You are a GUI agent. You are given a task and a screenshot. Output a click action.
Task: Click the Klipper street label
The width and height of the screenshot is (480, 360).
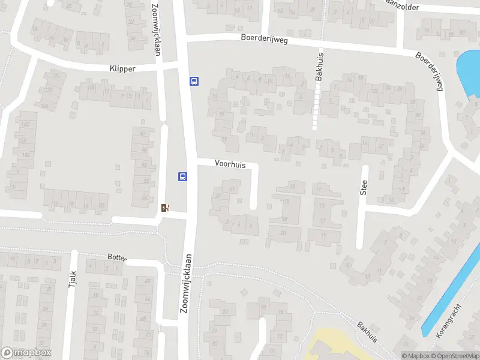point(122,68)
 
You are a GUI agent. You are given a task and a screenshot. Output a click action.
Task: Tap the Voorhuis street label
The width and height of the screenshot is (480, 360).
point(230,163)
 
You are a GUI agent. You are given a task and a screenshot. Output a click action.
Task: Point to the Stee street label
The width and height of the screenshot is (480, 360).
point(364,188)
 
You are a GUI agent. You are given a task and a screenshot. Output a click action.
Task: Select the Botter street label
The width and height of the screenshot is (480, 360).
point(117,257)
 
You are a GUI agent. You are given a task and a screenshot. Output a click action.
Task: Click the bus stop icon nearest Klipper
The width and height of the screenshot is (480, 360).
point(194,81)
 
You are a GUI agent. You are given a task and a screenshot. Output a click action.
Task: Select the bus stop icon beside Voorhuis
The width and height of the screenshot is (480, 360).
point(182,176)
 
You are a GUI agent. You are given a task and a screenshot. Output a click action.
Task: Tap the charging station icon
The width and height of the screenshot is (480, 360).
point(166,208)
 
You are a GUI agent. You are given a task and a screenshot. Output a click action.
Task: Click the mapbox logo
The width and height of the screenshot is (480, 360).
point(26,353)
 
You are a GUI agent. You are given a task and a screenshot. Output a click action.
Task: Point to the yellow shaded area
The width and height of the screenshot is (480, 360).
point(333,345)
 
